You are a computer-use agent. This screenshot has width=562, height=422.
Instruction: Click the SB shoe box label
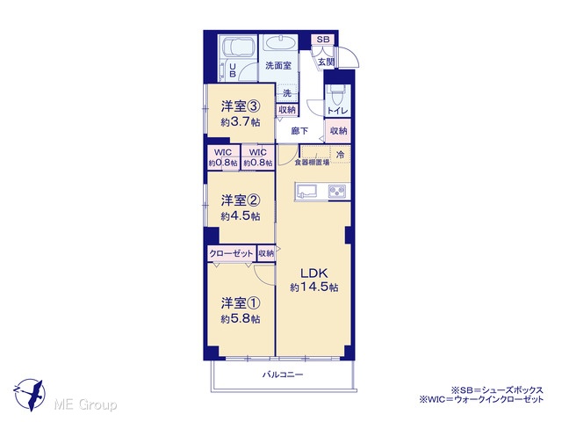(x=323, y=40)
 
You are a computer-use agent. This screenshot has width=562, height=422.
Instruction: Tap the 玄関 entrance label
(x=326, y=62)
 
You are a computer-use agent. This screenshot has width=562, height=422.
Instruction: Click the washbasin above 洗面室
(x=279, y=43)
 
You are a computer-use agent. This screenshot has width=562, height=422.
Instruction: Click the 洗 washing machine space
(x=287, y=93)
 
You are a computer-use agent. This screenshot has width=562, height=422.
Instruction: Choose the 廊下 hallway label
(x=299, y=131)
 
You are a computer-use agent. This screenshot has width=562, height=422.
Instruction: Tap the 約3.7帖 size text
(x=241, y=122)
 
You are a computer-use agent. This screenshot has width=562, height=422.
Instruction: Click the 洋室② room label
(x=240, y=200)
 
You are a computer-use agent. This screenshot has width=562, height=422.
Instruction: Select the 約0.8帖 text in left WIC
(x=223, y=163)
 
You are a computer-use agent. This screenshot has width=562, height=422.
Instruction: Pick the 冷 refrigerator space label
(x=340, y=155)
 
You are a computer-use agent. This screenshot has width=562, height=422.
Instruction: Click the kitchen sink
(x=307, y=192)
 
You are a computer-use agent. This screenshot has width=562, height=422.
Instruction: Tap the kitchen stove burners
(x=338, y=192)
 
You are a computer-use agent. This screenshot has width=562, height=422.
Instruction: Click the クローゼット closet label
(x=232, y=254)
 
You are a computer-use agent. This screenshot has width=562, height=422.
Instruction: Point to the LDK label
(x=314, y=273)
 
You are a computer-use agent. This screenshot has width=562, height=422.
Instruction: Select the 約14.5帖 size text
(x=314, y=287)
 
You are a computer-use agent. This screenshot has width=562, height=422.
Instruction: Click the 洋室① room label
(x=240, y=303)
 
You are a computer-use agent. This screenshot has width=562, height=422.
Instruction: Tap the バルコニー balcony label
(x=283, y=375)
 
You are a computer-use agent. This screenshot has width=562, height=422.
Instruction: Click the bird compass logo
(x=30, y=394)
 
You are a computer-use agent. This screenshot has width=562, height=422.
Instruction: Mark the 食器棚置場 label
(x=312, y=163)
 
